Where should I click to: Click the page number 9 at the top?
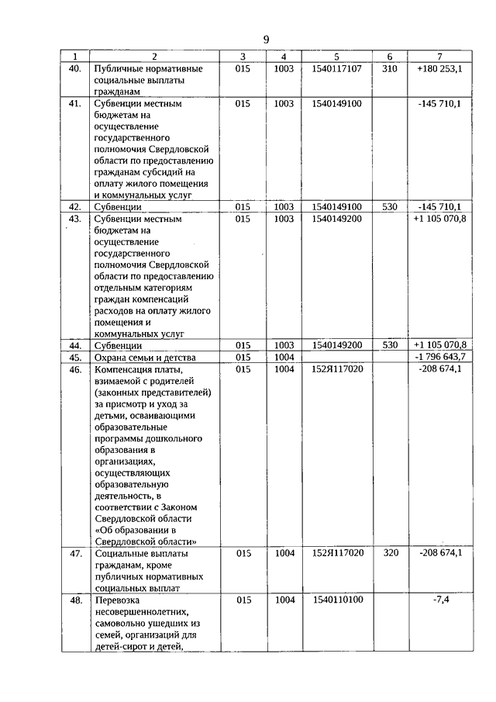tap(266, 40)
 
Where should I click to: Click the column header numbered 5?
tap(336, 57)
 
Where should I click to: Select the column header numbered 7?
tap(439, 57)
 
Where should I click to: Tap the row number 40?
tap(75, 68)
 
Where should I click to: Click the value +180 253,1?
tap(439, 68)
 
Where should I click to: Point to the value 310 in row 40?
tap(389, 68)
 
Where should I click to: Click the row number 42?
tap(75, 207)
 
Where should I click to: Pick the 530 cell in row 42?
tap(389, 207)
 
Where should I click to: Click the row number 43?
tap(75, 219)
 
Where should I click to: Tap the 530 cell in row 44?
tap(389, 345)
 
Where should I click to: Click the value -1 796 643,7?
tap(439, 357)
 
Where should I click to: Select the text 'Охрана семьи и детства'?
tap(144, 358)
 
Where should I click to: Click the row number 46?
tap(75, 369)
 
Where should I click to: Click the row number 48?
tap(75, 600)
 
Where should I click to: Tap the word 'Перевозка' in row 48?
tap(117, 601)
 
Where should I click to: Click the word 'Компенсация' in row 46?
tap(123, 370)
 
